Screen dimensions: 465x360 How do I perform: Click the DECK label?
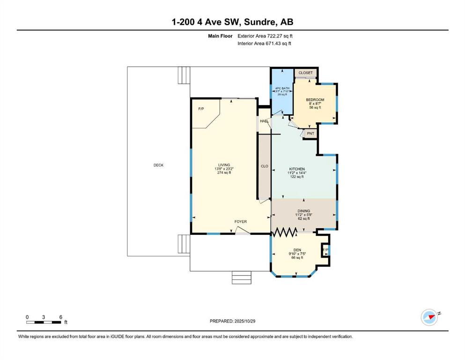[158, 165]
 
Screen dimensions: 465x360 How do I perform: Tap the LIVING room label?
[224, 165]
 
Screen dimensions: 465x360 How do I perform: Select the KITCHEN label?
[297, 169]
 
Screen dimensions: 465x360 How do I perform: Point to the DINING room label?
[303, 211]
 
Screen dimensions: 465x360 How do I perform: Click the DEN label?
[297, 250]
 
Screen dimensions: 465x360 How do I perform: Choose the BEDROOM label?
[315, 100]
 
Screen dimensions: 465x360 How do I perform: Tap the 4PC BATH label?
[282, 89]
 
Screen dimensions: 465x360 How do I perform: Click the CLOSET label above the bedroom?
[305, 73]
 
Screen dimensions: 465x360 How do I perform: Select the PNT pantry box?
[310, 134]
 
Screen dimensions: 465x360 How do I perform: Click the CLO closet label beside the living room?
[264, 166]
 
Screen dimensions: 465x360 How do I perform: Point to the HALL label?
[264, 121]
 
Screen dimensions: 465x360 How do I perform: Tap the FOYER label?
[241, 222]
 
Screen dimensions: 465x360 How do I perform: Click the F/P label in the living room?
[201, 109]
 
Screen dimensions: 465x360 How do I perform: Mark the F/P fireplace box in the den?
[325, 250]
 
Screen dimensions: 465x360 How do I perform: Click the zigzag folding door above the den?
[284, 232]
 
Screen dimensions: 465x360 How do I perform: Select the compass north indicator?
[429, 317]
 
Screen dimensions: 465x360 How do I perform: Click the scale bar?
[44, 322]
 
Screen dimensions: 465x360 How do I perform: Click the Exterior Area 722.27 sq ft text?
[265, 36]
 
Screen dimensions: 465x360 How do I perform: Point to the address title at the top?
[232, 22]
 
